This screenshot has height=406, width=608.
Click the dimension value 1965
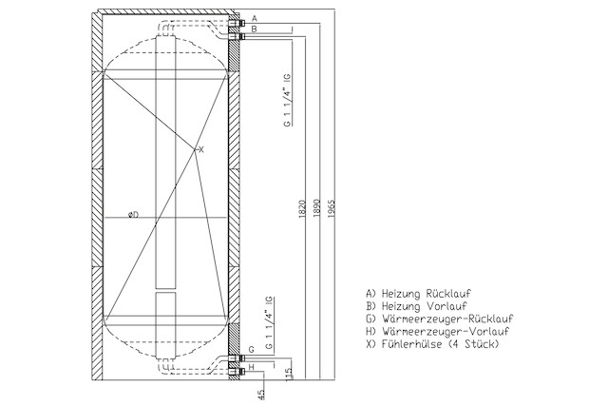click(332, 208)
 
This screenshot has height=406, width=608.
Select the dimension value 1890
click(317, 207)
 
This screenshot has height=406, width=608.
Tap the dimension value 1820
click(302, 208)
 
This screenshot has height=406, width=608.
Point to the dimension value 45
click(262, 395)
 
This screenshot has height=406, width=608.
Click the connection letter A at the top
click(255, 18)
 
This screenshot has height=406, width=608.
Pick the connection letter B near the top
click(254, 29)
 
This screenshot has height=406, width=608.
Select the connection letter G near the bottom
click(251, 349)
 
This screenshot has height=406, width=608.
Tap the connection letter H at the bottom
click(251, 367)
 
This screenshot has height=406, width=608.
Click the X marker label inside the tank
click(200, 150)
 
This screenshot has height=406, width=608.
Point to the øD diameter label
click(133, 214)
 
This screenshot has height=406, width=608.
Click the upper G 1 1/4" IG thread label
click(287, 100)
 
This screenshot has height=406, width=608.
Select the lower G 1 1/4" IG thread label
click(269, 323)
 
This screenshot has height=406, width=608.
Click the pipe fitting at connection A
click(237, 23)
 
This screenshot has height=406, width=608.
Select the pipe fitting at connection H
click(237, 372)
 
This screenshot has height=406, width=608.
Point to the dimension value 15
click(289, 374)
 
